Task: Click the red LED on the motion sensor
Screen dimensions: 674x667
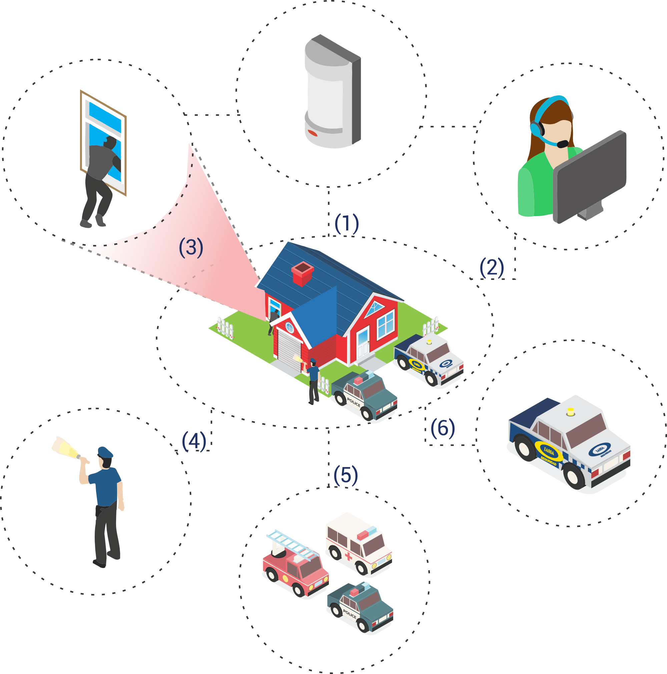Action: [312, 133]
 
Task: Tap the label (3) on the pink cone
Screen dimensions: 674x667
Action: [191, 247]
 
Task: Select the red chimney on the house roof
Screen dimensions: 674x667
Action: [302, 273]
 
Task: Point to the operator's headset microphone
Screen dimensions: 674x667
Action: [562, 144]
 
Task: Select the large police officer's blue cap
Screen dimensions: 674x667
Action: [105, 452]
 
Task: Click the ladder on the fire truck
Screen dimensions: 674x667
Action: [292, 545]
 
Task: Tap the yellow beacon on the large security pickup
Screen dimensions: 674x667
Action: [570, 412]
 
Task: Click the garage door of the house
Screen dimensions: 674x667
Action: [289, 350]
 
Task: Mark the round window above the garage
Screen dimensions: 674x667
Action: [289, 327]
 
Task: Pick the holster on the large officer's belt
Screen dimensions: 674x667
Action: [99, 511]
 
